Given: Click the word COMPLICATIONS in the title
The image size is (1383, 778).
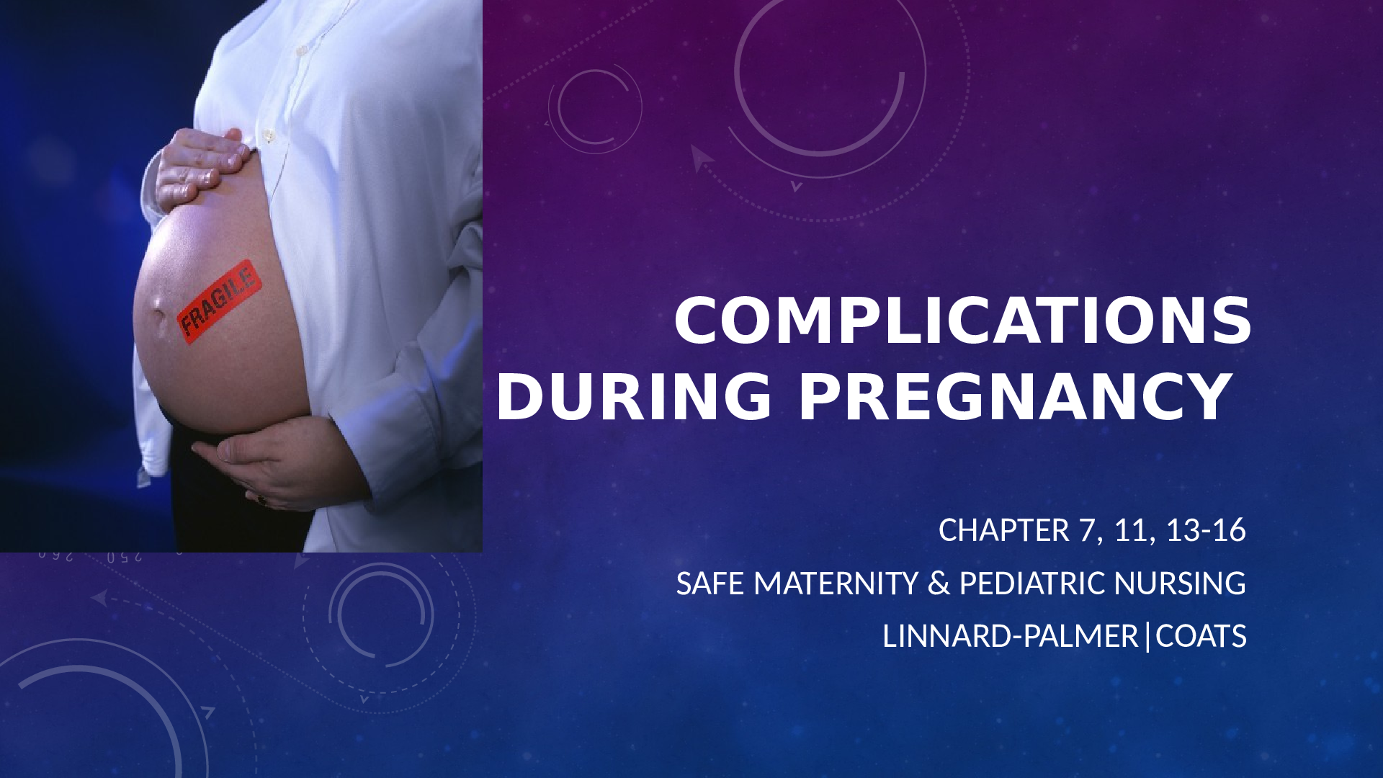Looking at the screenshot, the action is point(963,321).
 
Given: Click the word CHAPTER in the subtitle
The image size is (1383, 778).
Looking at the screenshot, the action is point(1004,530).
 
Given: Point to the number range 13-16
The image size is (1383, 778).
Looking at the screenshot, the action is point(1206,530).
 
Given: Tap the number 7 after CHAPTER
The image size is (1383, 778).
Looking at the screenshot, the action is point(1086,530).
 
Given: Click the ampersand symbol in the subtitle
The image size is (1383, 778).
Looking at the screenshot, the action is point(939,583).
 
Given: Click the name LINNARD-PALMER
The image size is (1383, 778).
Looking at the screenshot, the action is point(1010,637).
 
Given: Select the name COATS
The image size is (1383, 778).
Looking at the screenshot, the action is point(1201,637).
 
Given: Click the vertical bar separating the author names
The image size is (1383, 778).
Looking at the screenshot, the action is point(1147,637).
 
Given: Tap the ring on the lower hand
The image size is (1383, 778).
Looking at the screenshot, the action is point(261,498).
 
